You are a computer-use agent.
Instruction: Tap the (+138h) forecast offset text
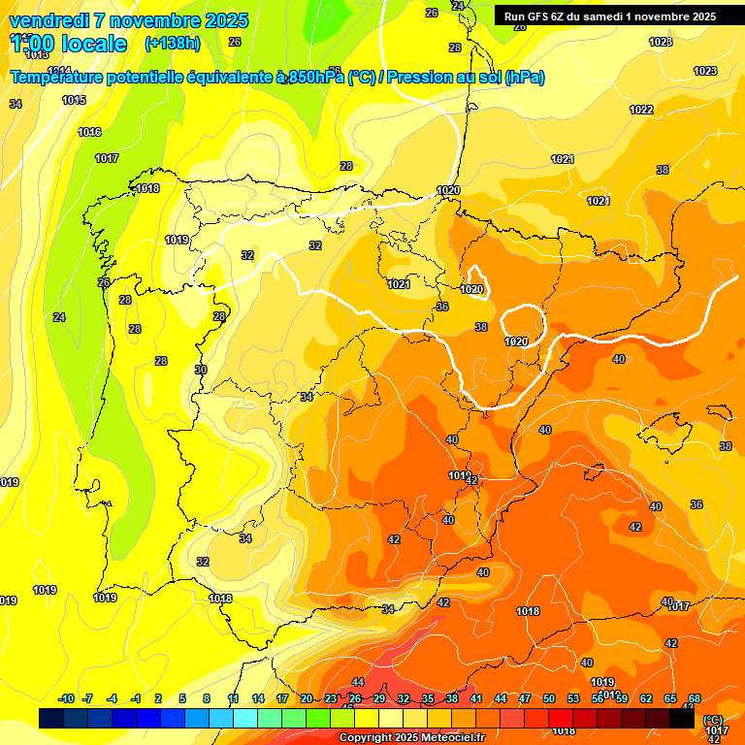coord(172,44)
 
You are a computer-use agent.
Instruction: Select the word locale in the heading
coord(91,44)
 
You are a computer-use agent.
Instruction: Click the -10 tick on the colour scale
coord(66,699)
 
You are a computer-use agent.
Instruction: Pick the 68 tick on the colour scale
coord(695,699)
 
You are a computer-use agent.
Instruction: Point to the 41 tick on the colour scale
coord(476,699)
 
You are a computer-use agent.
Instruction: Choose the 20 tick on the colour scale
coord(307,699)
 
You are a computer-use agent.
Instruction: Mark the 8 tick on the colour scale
coord(207,699)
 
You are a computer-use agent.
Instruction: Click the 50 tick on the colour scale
coord(549,699)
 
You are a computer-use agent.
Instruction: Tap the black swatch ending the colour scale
coord(682,718)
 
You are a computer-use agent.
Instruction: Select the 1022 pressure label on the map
coord(641,110)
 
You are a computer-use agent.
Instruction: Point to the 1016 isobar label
coord(90,132)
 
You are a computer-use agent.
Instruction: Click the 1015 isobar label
coord(74,100)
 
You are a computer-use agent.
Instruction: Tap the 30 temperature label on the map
coord(201,370)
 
